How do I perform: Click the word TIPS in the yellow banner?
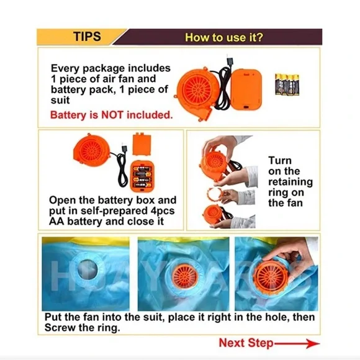pos(88,37)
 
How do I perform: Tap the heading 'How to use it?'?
pos(224,37)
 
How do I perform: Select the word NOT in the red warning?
pos(112,115)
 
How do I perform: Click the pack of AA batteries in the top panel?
pos(287,84)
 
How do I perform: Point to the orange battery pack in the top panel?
pos(246,89)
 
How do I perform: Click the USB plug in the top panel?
pos(230,60)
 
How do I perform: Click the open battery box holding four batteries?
pos(142,176)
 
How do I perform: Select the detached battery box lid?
pos(142,144)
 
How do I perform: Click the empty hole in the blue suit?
pos(88,270)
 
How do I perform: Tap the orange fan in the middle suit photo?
pos(185,275)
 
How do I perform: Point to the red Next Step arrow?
pos(297,344)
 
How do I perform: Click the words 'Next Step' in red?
pos(246,343)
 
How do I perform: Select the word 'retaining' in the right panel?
pos(290,182)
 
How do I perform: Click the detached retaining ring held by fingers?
pos(215,194)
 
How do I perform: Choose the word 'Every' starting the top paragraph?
pos(65,68)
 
